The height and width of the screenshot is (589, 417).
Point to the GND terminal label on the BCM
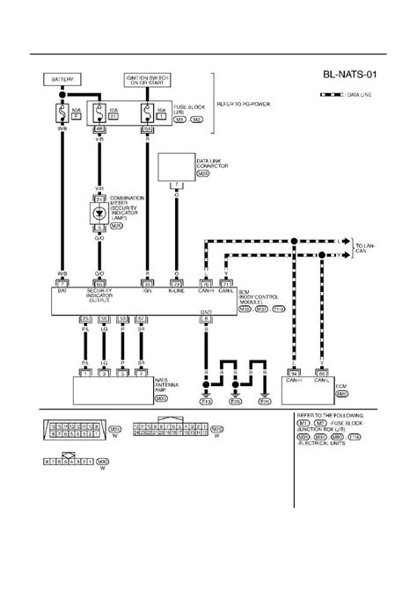pyautogui.click(x=206, y=311)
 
